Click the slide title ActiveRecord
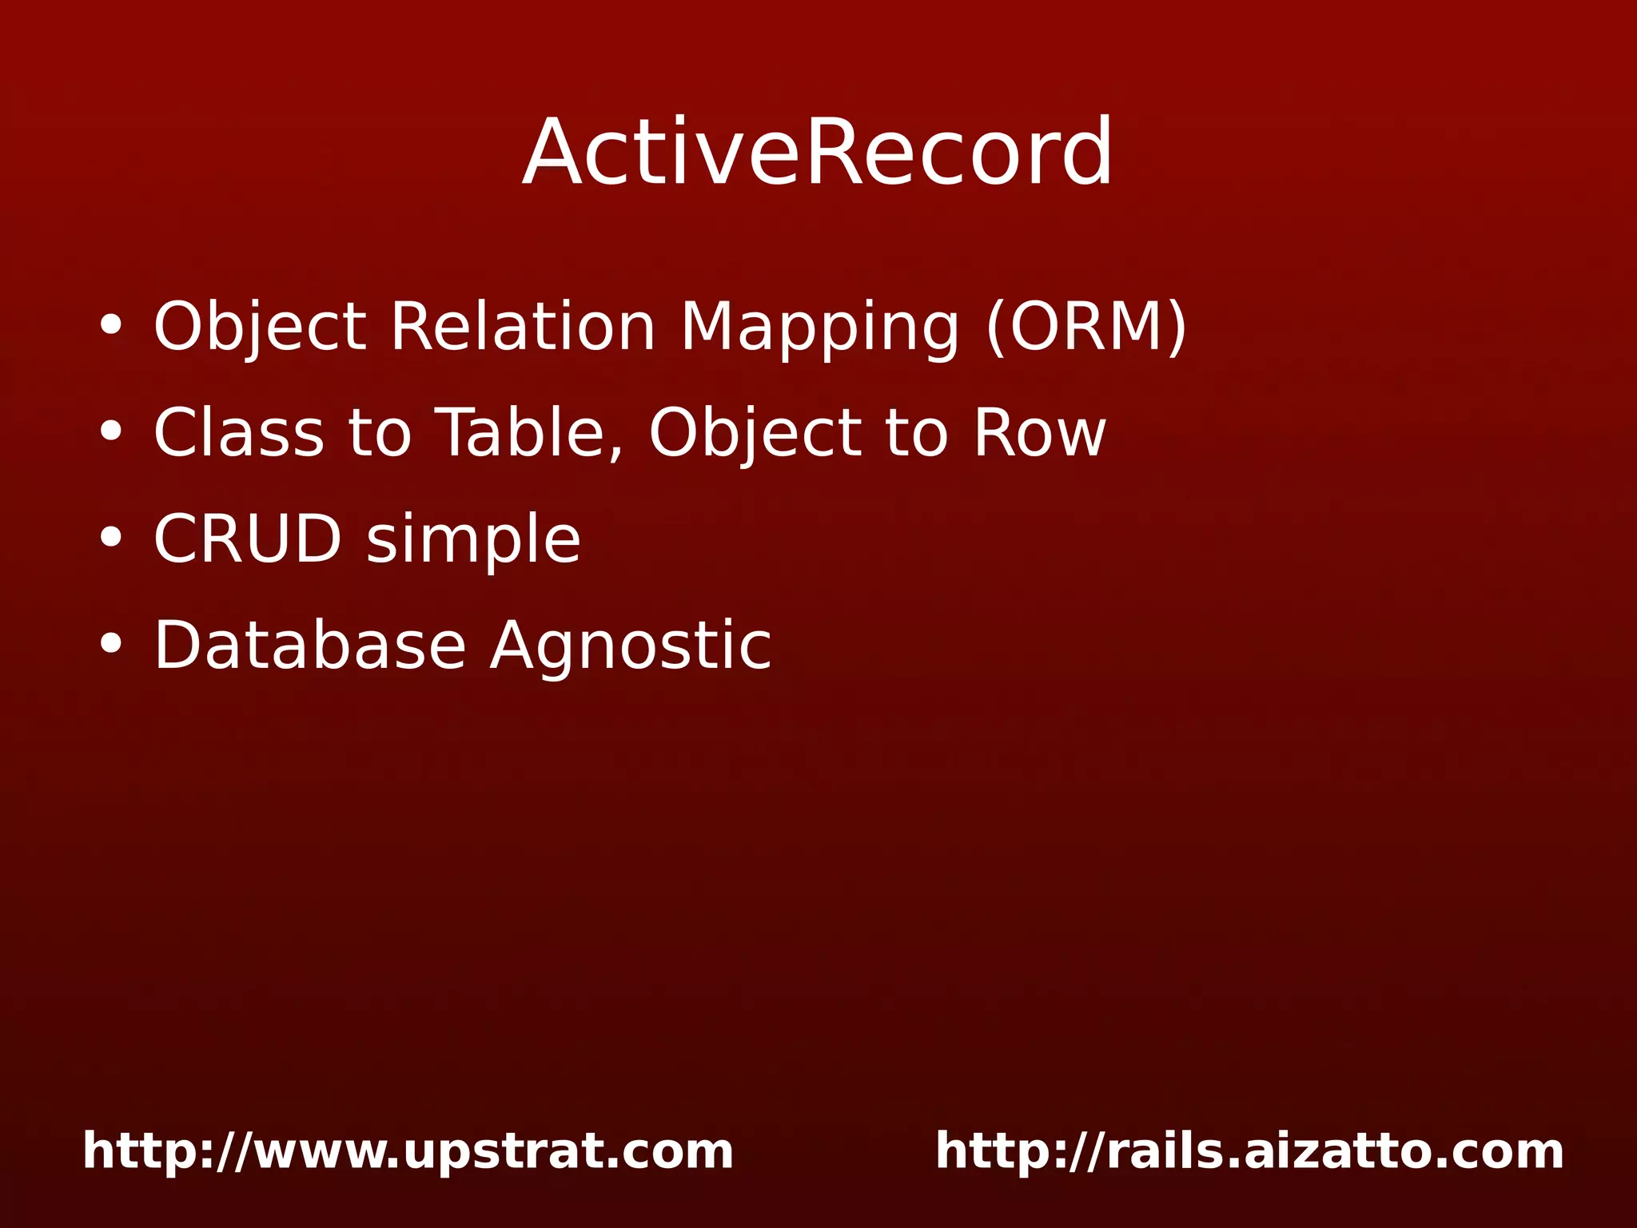(x=817, y=152)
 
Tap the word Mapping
(x=819, y=328)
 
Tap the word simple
(x=473, y=540)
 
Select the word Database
(x=309, y=645)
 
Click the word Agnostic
(x=631, y=646)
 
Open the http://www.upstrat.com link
(x=408, y=1151)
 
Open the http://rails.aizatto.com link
(x=1249, y=1151)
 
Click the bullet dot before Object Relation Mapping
(x=111, y=326)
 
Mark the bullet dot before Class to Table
(x=111, y=432)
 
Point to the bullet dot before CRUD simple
(x=111, y=538)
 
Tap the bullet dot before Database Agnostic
(x=111, y=645)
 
